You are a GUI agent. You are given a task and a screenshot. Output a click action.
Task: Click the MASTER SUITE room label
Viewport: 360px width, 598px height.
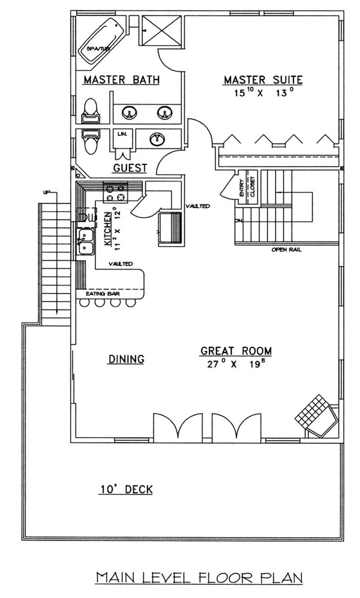(x=263, y=80)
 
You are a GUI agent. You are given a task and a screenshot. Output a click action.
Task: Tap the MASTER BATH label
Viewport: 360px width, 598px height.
(x=121, y=80)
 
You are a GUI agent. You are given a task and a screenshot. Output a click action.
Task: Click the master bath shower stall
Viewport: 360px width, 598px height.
(x=162, y=30)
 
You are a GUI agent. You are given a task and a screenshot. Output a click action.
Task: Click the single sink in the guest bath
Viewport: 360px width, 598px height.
(x=157, y=139)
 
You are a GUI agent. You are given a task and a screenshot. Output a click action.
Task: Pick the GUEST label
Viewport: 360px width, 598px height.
(x=130, y=168)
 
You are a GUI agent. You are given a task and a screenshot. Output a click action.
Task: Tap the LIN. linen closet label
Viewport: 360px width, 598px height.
(x=121, y=134)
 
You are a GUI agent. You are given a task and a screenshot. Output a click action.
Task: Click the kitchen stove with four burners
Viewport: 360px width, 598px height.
(x=116, y=192)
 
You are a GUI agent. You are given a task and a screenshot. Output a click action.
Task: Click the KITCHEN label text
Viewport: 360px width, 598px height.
(x=108, y=229)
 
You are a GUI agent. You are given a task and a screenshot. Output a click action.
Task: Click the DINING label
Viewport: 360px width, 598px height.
(x=126, y=359)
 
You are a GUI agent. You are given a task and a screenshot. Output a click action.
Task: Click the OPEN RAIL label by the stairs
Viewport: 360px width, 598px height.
(x=286, y=250)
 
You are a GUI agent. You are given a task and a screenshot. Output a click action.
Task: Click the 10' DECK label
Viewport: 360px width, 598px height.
(x=126, y=489)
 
